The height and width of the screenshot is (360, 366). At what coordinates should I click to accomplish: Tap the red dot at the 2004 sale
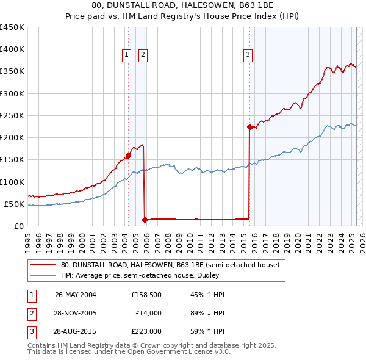(x=129, y=155)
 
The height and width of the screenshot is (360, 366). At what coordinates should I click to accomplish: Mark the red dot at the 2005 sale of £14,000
(x=145, y=220)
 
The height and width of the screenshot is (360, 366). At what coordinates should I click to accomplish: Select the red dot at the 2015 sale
(x=249, y=127)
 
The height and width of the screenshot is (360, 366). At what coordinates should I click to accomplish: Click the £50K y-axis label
(x=15, y=204)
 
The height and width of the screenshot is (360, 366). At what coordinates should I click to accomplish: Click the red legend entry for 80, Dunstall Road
(x=170, y=265)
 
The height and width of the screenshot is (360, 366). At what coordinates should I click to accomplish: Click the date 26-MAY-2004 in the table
(x=76, y=295)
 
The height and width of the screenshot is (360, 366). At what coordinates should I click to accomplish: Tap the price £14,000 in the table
(x=148, y=313)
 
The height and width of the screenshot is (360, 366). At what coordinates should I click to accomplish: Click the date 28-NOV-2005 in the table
(x=76, y=313)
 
